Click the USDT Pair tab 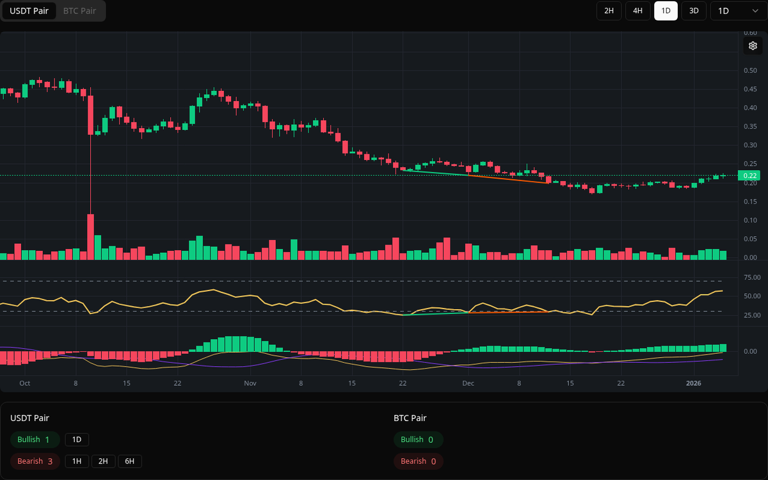click(x=29, y=11)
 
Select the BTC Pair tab click(x=79, y=11)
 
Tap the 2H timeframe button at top click(x=609, y=11)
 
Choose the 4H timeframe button click(x=637, y=11)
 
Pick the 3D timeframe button click(x=694, y=11)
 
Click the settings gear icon click(x=753, y=45)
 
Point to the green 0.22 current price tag click(x=748, y=175)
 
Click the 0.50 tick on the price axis click(x=750, y=70)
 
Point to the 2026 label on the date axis click(x=693, y=383)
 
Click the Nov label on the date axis click(x=250, y=383)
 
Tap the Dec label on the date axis click(x=468, y=383)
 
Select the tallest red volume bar click(x=90, y=237)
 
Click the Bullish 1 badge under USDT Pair click(x=35, y=440)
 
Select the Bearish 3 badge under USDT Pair click(x=35, y=461)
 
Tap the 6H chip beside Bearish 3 click(x=129, y=461)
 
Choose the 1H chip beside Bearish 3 click(x=76, y=461)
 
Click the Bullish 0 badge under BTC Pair click(x=418, y=440)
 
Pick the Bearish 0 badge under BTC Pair click(x=418, y=461)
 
